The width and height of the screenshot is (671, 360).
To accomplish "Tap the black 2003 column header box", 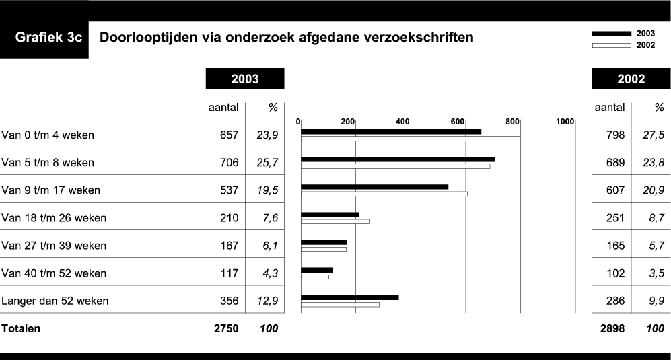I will (x=245, y=79).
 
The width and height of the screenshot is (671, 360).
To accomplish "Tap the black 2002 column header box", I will (x=631, y=79).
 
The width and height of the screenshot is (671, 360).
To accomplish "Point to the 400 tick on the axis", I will (x=402, y=121).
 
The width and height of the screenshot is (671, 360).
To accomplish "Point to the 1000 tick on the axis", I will (x=565, y=121).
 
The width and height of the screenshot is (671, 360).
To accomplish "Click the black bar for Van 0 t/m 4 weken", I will (x=390, y=132).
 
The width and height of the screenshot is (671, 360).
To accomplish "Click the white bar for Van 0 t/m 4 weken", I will (x=410, y=139).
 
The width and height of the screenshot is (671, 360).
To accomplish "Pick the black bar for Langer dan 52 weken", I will (x=349, y=297).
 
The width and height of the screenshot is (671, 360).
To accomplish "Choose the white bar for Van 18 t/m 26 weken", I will (x=335, y=221).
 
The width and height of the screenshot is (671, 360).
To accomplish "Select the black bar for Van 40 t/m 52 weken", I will (x=317, y=270).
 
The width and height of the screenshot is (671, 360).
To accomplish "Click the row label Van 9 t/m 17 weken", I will (x=51, y=190).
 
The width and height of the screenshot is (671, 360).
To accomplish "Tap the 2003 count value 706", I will (x=229, y=163).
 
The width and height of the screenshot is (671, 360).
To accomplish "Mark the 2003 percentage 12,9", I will (x=267, y=301).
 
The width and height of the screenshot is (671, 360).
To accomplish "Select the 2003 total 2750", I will (x=225, y=329).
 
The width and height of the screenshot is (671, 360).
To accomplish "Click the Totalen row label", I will (x=22, y=329).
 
